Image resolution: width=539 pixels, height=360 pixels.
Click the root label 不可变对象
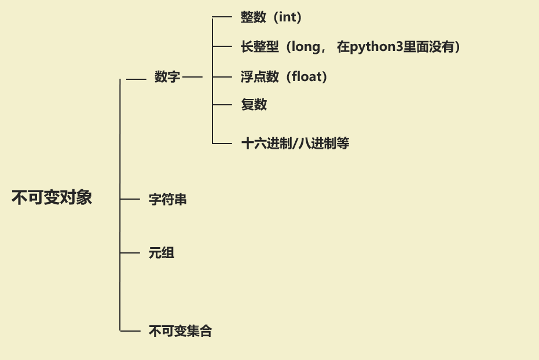pos(52,198)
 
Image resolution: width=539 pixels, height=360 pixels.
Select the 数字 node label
pos(167,77)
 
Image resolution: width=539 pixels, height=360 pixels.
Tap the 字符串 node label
pos(167,200)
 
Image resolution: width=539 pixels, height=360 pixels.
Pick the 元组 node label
pos(162,253)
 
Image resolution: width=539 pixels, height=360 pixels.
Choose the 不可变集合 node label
pos(180,331)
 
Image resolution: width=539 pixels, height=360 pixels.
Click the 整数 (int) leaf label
pos(271,17)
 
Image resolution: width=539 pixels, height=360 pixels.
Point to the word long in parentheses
pos(306,47)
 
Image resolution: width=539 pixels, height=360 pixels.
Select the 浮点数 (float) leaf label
pos(284,76)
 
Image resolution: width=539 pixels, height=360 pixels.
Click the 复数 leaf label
pos(254,105)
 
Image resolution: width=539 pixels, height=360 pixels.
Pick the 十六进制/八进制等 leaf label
pos(295,144)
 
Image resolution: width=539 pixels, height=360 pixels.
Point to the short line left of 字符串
pos(130,199)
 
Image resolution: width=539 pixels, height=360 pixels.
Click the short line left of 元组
pos(130,252)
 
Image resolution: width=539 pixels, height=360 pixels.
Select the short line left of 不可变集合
pos(130,331)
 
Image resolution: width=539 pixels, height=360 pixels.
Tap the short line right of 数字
pos(193,76)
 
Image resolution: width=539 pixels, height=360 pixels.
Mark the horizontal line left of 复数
pos(222,105)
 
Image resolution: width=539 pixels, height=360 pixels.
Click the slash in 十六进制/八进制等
pos(294,144)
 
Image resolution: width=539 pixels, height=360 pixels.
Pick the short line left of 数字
pos(136,78)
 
